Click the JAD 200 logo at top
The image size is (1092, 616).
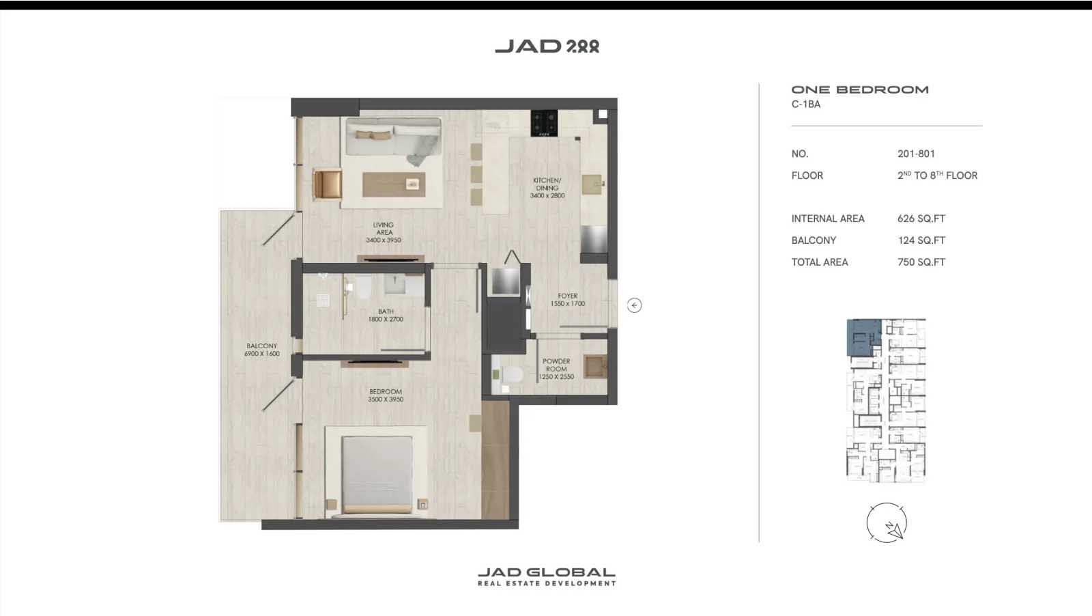coord(547,46)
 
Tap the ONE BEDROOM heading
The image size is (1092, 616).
coord(860,89)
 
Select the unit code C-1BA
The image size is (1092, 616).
coord(806,104)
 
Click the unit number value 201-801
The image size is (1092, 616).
coord(916,154)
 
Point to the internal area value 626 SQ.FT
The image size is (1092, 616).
coord(921,219)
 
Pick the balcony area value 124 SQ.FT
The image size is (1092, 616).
coord(921,240)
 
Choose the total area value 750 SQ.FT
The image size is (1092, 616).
coord(921,262)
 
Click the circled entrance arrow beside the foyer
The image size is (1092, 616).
coord(634,305)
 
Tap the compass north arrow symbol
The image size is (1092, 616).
coord(894,530)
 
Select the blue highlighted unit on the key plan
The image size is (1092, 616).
coord(864,337)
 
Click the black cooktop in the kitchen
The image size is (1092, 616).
coord(544,124)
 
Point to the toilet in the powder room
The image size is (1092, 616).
coord(512,374)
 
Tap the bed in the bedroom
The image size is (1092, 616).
coord(377,473)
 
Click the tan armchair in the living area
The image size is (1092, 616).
coord(327,184)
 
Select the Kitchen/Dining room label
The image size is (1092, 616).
coord(547,188)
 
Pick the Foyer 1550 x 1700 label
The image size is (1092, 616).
coord(567,300)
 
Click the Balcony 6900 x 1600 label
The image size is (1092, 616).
coord(262,350)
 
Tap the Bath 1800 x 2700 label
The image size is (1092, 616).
coord(386,315)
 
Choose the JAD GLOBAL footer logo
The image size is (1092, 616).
coord(547,576)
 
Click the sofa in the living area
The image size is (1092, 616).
coord(394,142)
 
